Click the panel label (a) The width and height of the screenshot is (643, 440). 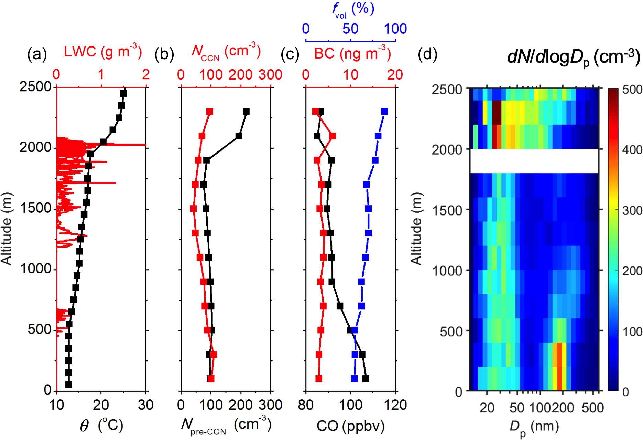(37, 54)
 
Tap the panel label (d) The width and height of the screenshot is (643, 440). (427, 54)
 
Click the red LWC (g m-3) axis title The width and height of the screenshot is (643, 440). (103, 52)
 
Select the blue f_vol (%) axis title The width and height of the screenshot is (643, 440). (353, 10)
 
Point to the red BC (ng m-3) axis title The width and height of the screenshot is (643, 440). (352, 53)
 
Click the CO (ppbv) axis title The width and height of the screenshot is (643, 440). (350, 426)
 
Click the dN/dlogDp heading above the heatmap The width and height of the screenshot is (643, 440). (574, 57)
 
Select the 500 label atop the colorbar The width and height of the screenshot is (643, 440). (632, 90)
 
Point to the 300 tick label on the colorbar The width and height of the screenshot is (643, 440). (632, 210)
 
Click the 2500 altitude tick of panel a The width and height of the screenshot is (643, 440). (35, 86)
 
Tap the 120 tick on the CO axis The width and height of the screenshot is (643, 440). (395, 405)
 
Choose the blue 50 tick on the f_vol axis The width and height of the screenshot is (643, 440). (350, 29)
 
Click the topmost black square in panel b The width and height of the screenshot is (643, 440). (246, 112)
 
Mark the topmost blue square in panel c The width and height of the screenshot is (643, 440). (384, 112)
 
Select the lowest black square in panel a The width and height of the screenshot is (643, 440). (69, 385)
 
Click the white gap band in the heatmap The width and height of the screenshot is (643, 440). (534, 161)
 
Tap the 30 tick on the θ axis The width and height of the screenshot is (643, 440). (145, 405)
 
